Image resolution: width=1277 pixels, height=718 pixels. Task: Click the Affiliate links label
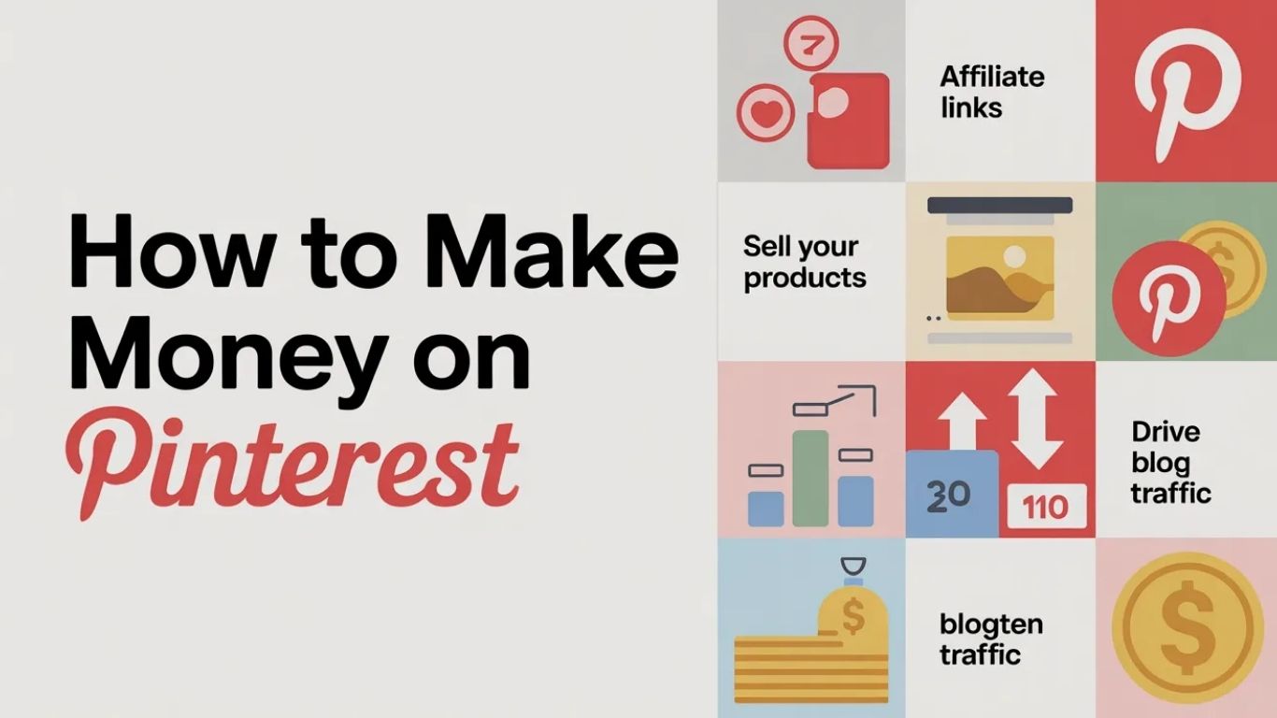click(x=991, y=92)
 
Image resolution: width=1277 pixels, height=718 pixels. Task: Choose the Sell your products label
click(x=804, y=263)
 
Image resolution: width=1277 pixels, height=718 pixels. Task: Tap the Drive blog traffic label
click(x=1170, y=462)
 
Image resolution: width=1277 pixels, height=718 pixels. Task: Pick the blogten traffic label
click(x=991, y=639)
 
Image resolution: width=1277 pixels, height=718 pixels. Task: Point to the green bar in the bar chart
click(x=811, y=479)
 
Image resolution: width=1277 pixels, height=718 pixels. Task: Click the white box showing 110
click(x=1046, y=507)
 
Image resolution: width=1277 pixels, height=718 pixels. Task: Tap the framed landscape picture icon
click(x=998, y=272)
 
